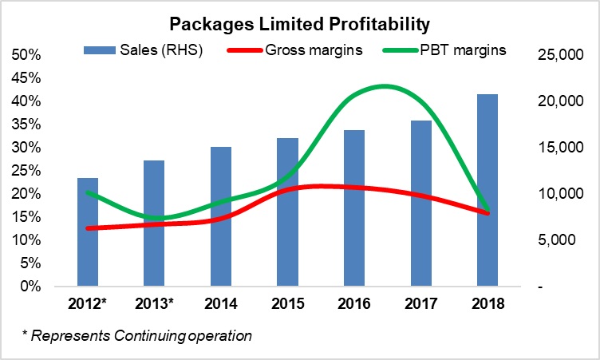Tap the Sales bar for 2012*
(x=88, y=231)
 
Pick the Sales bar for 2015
(x=287, y=212)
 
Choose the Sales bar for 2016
(x=353, y=208)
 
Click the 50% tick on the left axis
(x=27, y=55)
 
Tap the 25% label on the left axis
(x=27, y=148)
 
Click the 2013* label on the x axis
(x=154, y=305)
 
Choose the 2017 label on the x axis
(x=420, y=305)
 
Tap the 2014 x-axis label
(x=220, y=305)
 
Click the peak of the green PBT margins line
(x=385, y=85)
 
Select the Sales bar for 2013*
(x=154, y=223)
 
